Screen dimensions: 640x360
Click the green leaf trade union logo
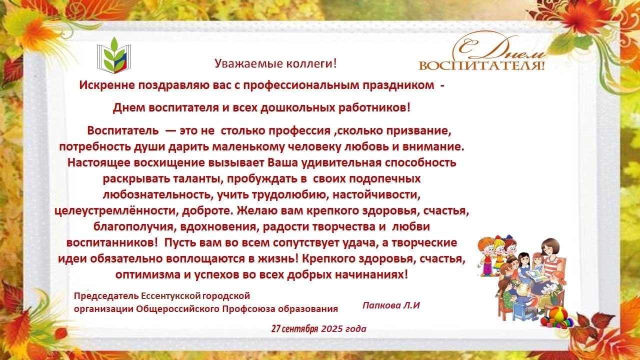point(113,55)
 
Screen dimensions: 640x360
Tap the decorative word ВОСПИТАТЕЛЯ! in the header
point(481,65)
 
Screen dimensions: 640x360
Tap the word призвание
point(419,131)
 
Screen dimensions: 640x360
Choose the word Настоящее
point(98,163)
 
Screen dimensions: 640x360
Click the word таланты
point(198,179)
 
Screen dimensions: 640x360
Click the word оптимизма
point(147,275)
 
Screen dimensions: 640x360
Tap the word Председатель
point(106,295)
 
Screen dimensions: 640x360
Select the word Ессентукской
point(171,295)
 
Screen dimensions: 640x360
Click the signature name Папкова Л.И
point(391,305)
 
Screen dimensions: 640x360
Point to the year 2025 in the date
point(331,329)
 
